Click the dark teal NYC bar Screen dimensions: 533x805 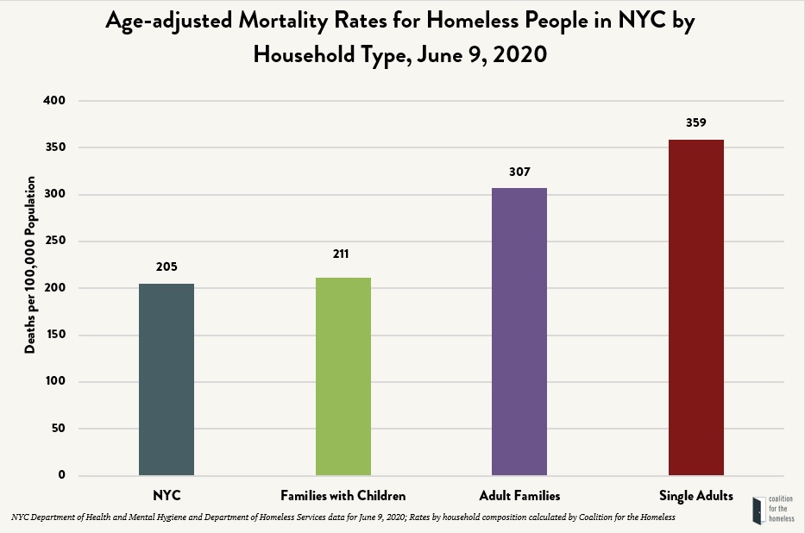[167, 379]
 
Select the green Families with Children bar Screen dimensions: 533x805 [343, 376]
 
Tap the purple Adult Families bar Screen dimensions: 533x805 [519, 331]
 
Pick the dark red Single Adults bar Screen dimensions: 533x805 [696, 307]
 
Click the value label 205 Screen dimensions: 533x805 [167, 266]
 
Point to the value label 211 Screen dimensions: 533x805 [343, 254]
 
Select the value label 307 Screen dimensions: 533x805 [519, 172]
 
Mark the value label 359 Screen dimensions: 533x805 [696, 122]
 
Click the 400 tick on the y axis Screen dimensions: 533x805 [54, 101]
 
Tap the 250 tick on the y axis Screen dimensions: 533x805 [54, 241]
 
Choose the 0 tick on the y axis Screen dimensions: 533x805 [61, 475]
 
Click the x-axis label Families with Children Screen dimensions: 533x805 [343, 496]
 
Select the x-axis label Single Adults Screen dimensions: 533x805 [696, 496]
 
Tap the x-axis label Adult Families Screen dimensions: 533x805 [519, 496]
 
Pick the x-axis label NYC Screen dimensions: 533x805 [167, 496]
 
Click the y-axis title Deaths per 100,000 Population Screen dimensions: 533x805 [30, 265]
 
